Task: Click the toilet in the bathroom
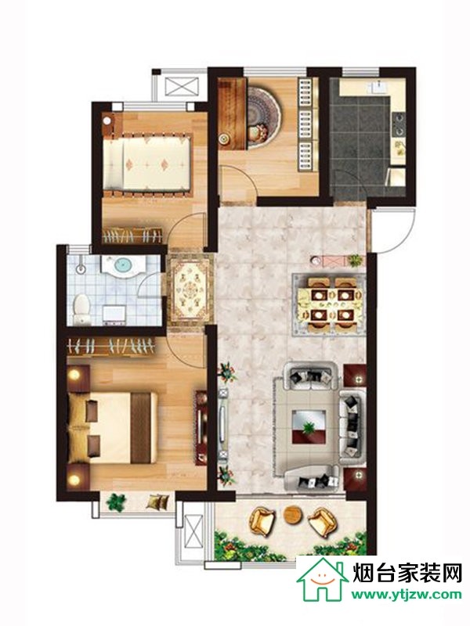point(81,308)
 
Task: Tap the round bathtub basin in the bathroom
point(122,265)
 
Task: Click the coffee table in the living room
point(308,426)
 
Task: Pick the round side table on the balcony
point(292,514)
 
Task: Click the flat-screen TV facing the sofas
point(223,424)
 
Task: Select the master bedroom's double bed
point(113,427)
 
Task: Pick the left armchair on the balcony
point(262,520)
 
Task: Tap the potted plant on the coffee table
point(308,427)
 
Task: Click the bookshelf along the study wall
point(307,124)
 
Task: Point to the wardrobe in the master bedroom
point(111,347)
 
